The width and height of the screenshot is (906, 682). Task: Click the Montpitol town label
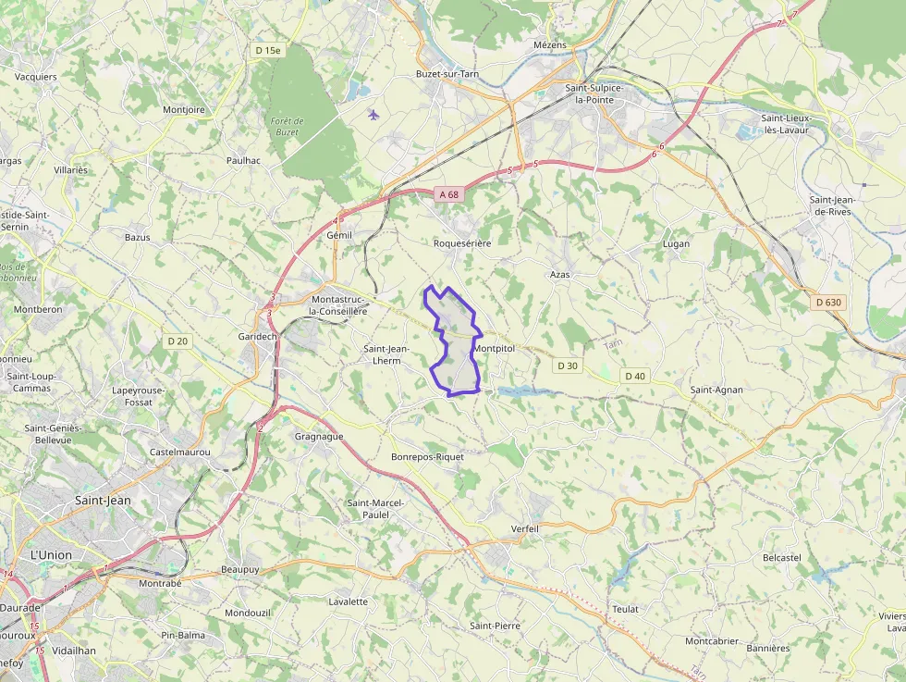click(494, 348)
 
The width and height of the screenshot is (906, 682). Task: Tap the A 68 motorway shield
click(448, 194)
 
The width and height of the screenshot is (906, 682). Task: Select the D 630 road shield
click(829, 303)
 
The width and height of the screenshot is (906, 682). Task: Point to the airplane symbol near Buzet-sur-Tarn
click(373, 115)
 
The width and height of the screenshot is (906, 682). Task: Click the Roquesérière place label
click(462, 242)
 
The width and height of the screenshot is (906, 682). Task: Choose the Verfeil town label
click(524, 528)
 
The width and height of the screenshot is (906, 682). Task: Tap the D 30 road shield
click(568, 366)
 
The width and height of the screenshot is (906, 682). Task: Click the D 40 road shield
click(635, 376)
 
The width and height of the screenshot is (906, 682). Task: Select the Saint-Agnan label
click(716, 390)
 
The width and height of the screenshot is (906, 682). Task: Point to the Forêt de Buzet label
click(287, 127)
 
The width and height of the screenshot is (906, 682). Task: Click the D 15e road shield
click(267, 50)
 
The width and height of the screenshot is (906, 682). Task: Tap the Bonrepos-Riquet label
click(427, 457)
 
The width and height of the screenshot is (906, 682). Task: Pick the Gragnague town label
click(319, 436)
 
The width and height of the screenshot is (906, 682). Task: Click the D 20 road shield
click(178, 341)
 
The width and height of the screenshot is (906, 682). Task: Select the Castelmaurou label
click(180, 453)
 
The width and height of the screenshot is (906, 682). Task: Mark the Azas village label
click(560, 275)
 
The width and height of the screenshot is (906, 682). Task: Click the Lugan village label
click(676, 244)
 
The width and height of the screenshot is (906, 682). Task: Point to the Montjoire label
click(184, 110)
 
